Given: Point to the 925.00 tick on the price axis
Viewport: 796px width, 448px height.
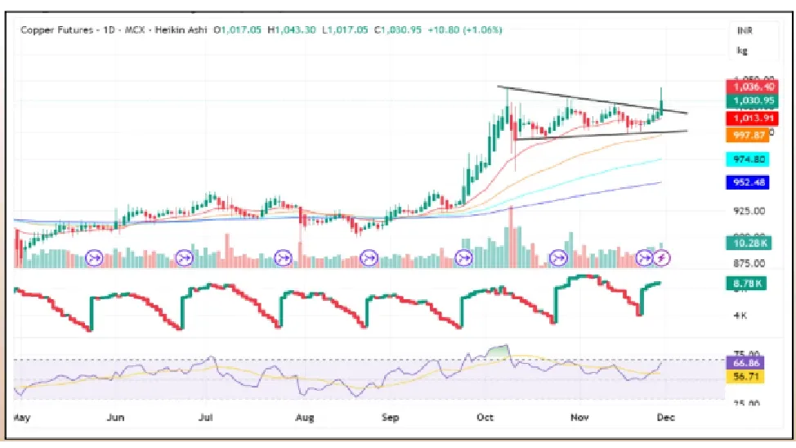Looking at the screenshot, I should (x=748, y=211).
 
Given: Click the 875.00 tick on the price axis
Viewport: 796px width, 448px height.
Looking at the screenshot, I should (x=748, y=263).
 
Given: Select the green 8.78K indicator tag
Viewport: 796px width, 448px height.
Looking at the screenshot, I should (x=747, y=284).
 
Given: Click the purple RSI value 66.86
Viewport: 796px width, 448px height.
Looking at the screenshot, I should (x=747, y=361).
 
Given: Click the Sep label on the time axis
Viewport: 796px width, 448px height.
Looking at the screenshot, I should (x=390, y=418).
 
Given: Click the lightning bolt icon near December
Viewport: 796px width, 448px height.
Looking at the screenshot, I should (x=663, y=258).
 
